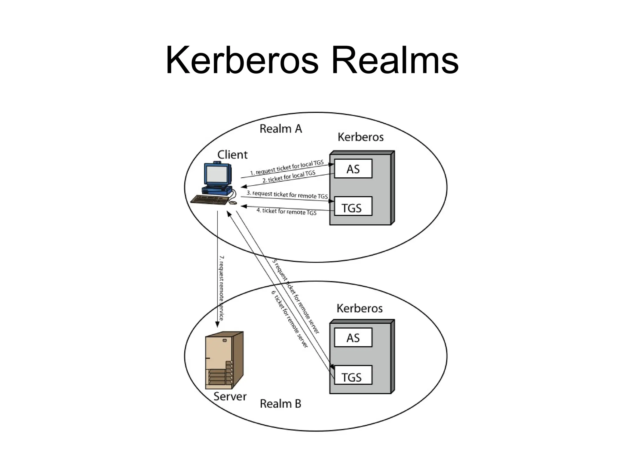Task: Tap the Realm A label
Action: (x=280, y=129)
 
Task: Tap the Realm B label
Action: (x=280, y=404)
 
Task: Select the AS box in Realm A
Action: (x=353, y=169)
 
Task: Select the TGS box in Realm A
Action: (x=353, y=206)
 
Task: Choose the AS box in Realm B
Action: (x=353, y=337)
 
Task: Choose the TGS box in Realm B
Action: (x=353, y=375)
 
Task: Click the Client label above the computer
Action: (x=232, y=155)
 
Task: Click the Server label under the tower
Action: (x=230, y=396)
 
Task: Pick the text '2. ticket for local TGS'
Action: (x=288, y=177)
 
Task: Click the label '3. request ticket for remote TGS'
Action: (x=287, y=195)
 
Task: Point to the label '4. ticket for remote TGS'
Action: (x=286, y=211)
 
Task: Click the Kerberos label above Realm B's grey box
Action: (x=359, y=308)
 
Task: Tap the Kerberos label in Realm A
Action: (x=360, y=137)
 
